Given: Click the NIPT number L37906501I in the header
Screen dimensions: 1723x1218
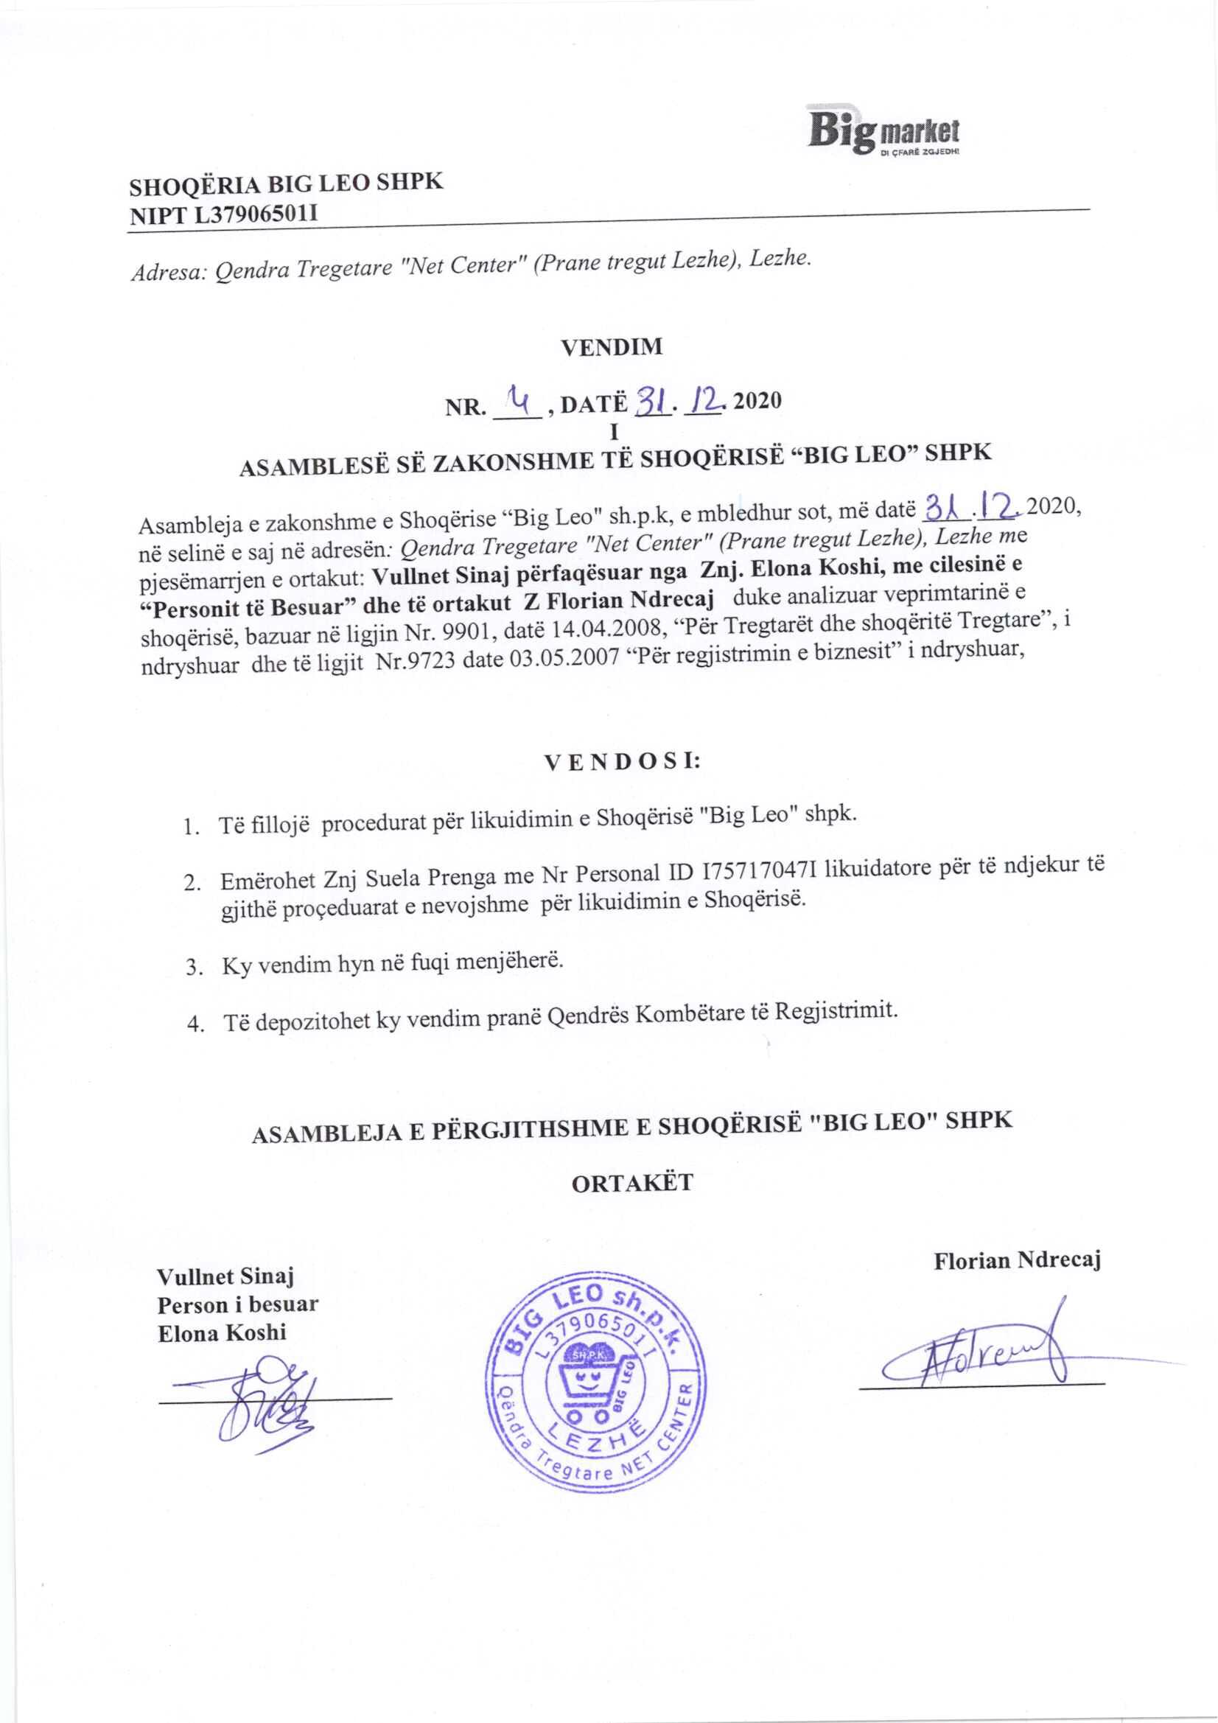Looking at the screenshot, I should (256, 215).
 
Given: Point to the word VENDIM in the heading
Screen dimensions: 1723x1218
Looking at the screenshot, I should (612, 346).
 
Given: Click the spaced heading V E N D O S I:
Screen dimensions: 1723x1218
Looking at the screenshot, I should (622, 762).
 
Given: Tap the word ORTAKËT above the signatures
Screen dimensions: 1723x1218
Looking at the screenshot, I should (632, 1184).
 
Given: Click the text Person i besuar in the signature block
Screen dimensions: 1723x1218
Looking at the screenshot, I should (237, 1305).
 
